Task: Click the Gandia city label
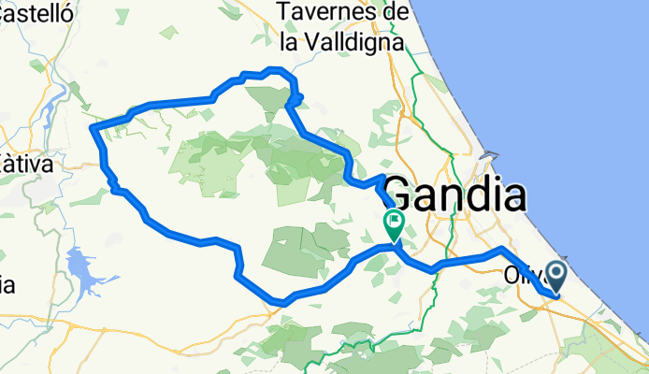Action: tap(454, 196)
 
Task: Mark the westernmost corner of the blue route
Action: tap(91, 127)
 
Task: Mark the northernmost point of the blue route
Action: tap(273, 69)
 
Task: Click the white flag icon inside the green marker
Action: tap(395, 223)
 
